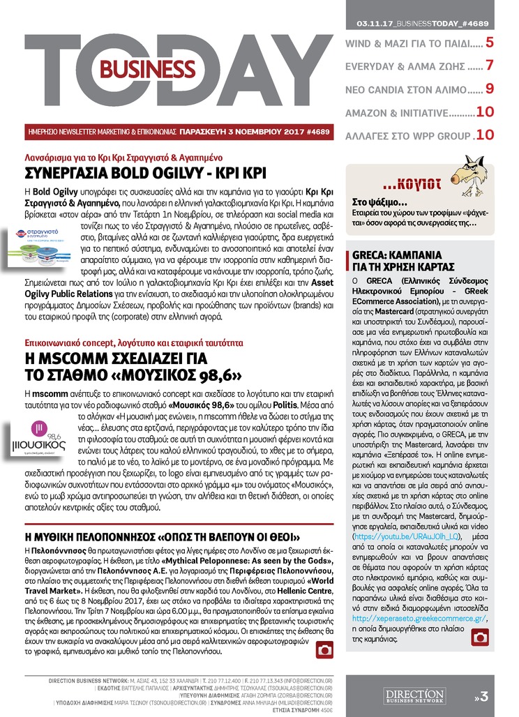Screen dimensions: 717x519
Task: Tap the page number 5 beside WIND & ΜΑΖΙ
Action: pyautogui.click(x=490, y=43)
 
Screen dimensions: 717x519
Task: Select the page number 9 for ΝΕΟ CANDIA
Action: pyautogui.click(x=490, y=89)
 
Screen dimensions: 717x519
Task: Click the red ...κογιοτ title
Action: pyautogui.click(x=412, y=185)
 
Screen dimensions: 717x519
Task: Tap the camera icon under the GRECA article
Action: pyautogui.click(x=479, y=636)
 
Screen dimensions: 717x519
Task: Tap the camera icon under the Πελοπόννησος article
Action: pyautogui.click(x=324, y=650)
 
